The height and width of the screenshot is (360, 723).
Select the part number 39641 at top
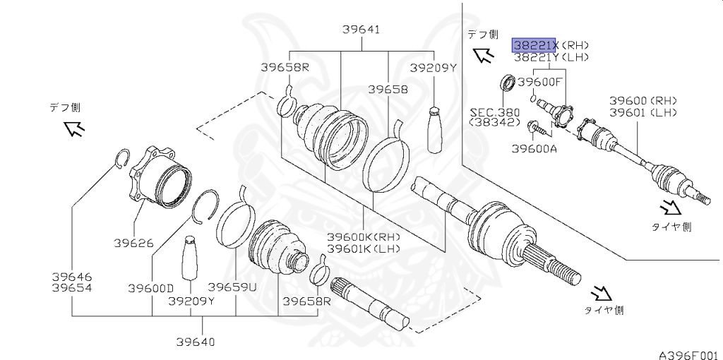click(361, 30)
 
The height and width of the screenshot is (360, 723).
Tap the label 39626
click(133, 243)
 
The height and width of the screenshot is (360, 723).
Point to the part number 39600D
click(150, 288)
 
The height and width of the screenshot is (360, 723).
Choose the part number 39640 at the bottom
click(196, 342)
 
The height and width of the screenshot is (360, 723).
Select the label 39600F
click(539, 82)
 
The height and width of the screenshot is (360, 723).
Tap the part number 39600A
click(534, 148)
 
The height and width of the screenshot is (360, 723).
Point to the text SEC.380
click(494, 112)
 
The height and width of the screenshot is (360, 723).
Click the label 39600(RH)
click(643, 101)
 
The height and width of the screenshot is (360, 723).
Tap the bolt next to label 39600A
click(534, 128)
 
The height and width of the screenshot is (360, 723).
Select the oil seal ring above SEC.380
click(508, 83)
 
